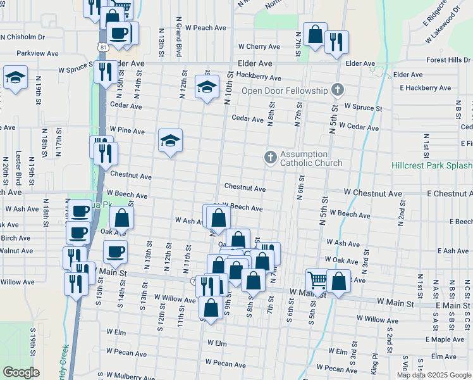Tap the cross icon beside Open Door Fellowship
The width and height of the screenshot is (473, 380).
[337, 90]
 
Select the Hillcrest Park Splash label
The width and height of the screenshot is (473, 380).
[432, 165]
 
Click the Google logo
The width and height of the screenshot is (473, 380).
[21, 372]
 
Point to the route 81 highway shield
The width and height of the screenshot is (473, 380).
[102, 47]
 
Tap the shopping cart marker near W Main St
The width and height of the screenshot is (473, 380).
[317, 279]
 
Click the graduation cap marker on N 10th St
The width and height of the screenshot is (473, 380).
[207, 87]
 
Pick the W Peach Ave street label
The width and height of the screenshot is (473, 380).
[202, 28]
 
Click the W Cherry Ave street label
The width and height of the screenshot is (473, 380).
[259, 47]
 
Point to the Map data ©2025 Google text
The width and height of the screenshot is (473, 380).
[434, 375]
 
